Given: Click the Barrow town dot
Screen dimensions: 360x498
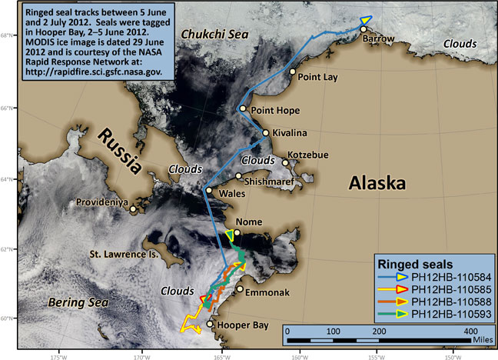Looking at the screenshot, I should click(x=363, y=28).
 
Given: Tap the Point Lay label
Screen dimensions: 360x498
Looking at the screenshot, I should click(x=320, y=78).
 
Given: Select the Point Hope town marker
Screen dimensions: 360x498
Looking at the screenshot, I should click(x=243, y=108).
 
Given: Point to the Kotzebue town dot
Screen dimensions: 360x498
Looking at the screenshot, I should click(x=286, y=162).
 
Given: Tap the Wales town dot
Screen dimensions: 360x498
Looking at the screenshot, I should click(x=208, y=190).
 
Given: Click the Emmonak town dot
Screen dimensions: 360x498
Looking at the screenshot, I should click(x=240, y=289).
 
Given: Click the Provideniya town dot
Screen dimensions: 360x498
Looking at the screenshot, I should click(x=133, y=208).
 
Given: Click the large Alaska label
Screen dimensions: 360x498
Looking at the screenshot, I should click(x=377, y=183).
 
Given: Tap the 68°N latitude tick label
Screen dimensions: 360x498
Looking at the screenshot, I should click(x=7, y=35).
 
